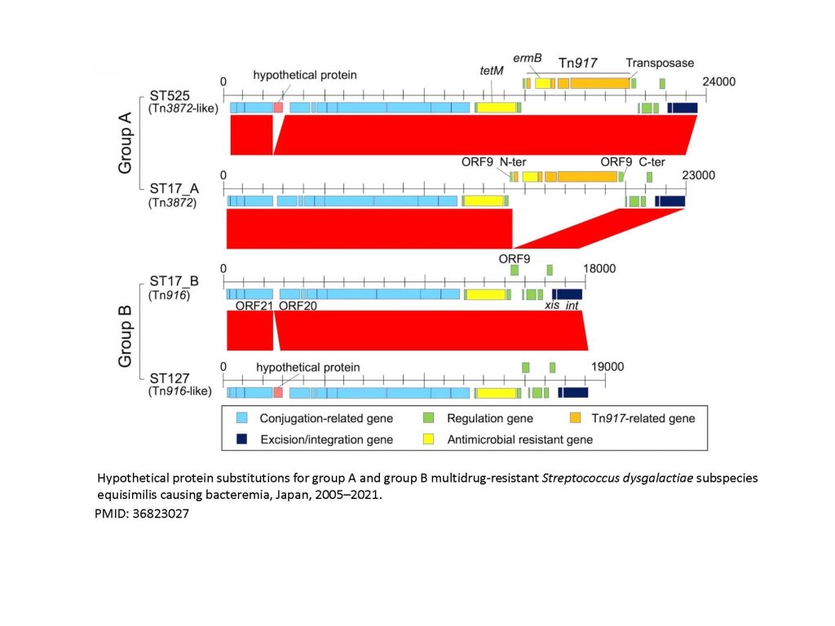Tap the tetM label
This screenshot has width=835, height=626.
tap(492, 71)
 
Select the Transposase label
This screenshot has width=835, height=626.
tap(660, 63)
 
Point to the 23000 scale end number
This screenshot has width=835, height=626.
tap(698, 175)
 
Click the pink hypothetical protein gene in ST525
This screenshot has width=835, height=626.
tap(278, 108)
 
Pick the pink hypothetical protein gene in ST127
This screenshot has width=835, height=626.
tap(278, 393)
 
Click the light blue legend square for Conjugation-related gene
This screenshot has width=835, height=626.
tap(241, 418)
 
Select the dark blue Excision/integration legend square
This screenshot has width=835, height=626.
tap(241, 439)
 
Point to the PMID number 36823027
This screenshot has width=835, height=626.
tap(143, 514)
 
